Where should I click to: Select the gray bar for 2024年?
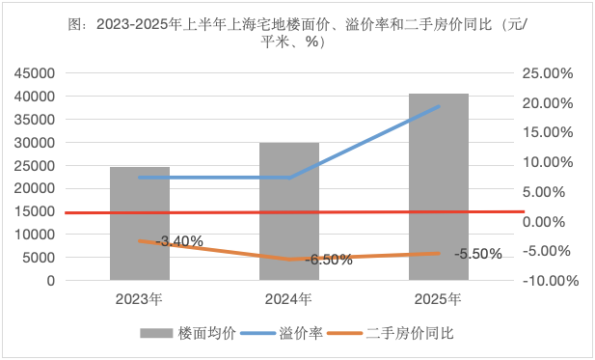[x=289, y=211]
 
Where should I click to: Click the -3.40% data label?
[x=180, y=241]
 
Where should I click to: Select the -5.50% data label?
[x=477, y=255]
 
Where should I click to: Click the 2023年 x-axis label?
[x=140, y=298]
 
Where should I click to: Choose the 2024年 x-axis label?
[x=289, y=298]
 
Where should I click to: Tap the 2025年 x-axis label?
[x=439, y=298]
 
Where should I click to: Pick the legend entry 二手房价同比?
[x=410, y=334]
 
